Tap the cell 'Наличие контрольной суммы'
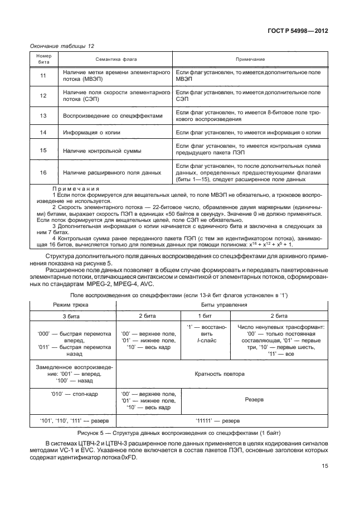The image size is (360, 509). [102, 151]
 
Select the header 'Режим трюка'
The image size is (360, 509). [71, 305]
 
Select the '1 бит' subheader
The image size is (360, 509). [205, 316]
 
